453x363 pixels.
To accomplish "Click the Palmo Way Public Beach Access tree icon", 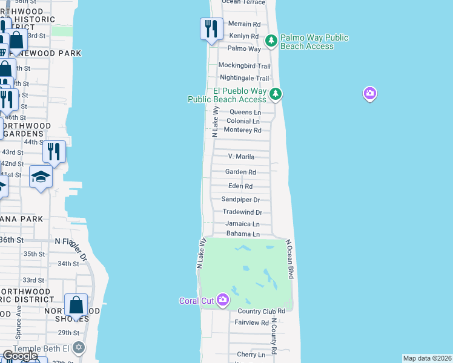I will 271,41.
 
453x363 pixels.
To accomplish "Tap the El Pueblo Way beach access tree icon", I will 276,94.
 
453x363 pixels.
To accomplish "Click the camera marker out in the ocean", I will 369,94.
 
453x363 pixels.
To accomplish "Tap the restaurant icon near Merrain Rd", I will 211,28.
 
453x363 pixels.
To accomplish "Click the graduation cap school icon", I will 41,177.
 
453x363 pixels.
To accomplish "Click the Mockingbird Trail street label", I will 243,65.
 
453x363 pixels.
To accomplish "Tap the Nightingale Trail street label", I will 244,78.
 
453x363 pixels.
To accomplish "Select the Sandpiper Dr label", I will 240,200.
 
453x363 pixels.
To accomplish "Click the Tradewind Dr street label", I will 242,212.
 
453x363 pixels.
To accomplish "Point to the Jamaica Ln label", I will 242,224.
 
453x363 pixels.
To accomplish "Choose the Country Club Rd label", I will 261,311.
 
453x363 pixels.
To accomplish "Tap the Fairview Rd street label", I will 251,323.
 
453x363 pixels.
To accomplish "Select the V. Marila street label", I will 240,157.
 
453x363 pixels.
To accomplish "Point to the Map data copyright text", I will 427,358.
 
